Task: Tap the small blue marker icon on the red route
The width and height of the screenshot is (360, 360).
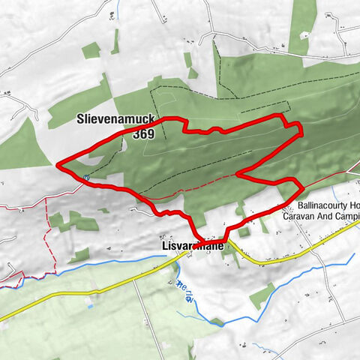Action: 87,178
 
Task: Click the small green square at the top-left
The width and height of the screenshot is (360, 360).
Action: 91,49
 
